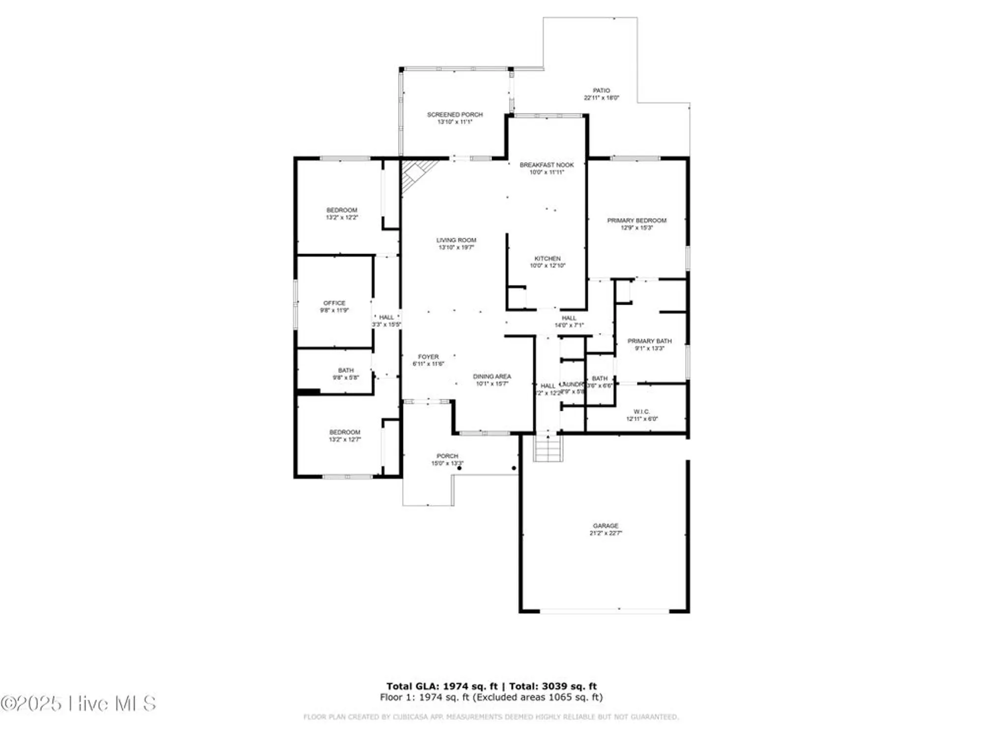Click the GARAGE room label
pos(605,525)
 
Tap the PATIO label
pos(601,90)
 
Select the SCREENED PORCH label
pos(455,114)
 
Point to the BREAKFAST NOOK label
pos(547,165)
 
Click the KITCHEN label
pos(547,258)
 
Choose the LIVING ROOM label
pos(456,240)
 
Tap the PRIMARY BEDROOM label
pos(636,221)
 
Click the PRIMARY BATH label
pos(649,341)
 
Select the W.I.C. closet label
pos(641,412)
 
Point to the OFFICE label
pos(334,303)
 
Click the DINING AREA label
pos(492,376)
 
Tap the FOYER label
pos(428,357)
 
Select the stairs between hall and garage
pos(548,448)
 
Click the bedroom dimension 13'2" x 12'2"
pos(342,217)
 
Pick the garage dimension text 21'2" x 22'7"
pos(606,533)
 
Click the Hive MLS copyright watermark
pos(79,704)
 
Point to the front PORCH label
pos(447,456)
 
